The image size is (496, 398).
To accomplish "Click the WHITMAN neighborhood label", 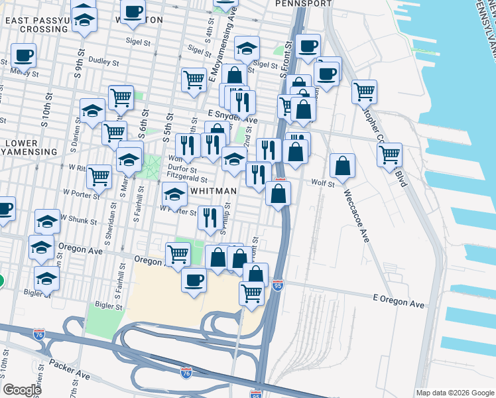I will coord(214,191).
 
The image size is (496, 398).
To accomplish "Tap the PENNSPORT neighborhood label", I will coord(303,3).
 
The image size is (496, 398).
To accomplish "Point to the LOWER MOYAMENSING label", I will coord(31,147).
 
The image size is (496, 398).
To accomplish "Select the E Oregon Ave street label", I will coord(398,304).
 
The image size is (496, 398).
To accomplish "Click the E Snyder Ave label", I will coord(232,113).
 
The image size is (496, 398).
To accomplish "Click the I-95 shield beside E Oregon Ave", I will coord(277,283).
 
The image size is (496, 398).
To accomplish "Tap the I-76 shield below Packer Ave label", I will coord(186,373).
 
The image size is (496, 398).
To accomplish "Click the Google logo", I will coord(22,390).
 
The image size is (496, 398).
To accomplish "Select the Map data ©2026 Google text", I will coord(454,393).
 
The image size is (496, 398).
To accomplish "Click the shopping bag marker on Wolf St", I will coord(341,166).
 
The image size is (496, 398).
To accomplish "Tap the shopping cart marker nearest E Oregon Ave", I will coord(251,292).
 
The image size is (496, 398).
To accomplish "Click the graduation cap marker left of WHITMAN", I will coord(174,195).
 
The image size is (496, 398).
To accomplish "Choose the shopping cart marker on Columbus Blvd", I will coord(389,155).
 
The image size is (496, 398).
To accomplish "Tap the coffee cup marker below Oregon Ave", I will coord(194,280).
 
